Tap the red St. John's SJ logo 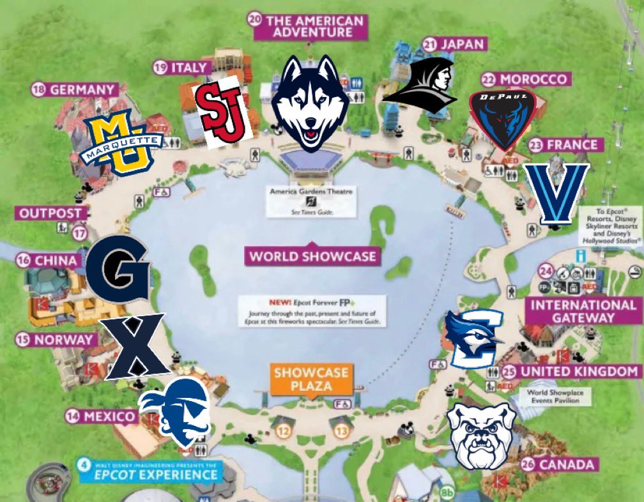(x=220, y=112)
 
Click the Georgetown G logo (x=118, y=266)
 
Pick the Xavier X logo (x=136, y=345)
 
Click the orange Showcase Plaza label (x=311, y=379)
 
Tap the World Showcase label (x=312, y=257)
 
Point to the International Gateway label (x=583, y=311)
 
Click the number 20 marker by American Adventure (x=255, y=20)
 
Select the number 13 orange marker (x=342, y=432)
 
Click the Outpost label (x=50, y=213)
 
